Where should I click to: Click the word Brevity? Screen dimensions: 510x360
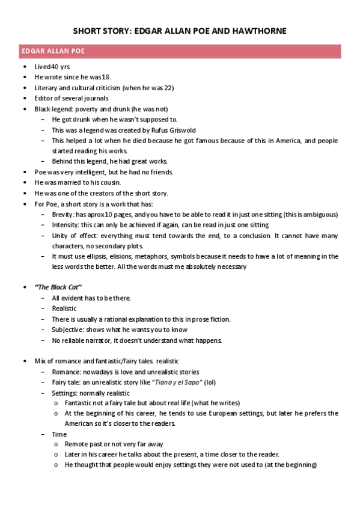pyautogui.click(x=63, y=214)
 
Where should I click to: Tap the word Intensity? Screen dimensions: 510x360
pyautogui.click(x=65, y=225)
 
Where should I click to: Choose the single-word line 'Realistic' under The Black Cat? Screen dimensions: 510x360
pyautogui.click(x=64, y=309)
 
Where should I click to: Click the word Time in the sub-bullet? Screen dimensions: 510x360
pyautogui.click(x=59, y=434)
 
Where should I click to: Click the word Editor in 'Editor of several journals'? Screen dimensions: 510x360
pyautogui.click(x=44, y=98)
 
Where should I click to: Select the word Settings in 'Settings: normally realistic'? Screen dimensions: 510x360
pyautogui.click(x=65, y=393)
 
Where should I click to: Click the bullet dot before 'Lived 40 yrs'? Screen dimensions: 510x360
pyautogui.click(x=23, y=67)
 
